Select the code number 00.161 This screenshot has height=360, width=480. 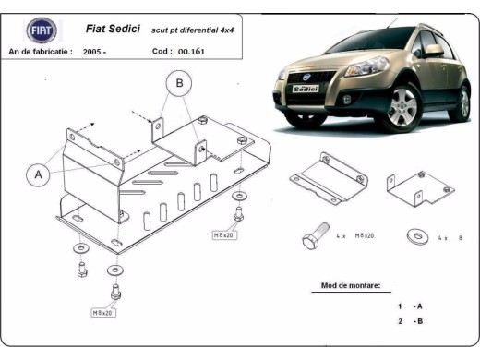192,52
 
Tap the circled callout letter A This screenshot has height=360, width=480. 38,174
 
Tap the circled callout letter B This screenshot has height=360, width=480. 179,84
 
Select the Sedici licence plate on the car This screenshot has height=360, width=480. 304,90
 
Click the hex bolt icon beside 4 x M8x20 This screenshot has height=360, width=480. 311,237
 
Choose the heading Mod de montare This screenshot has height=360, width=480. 351,286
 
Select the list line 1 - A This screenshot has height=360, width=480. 411,306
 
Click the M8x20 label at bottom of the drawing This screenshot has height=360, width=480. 102,313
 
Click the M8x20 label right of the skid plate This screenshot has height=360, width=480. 224,234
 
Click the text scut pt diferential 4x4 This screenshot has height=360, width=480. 193,30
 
